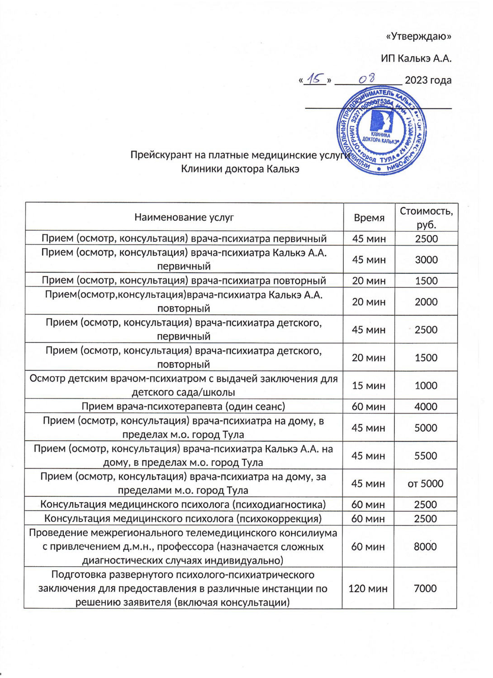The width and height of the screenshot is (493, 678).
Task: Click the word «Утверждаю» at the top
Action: (x=418, y=36)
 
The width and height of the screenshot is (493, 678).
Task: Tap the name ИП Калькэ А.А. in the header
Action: (x=416, y=58)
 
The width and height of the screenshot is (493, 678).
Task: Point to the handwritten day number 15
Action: (x=314, y=79)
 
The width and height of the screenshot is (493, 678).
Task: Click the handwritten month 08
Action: (x=367, y=79)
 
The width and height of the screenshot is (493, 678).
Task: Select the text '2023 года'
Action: (x=428, y=80)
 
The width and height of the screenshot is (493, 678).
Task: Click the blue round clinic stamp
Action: (x=381, y=130)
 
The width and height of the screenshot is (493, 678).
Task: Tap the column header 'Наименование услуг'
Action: (x=184, y=217)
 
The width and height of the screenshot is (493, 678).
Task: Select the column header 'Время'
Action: (x=369, y=218)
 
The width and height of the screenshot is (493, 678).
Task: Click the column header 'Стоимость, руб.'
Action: (x=426, y=217)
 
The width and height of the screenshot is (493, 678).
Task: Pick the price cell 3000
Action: (x=426, y=259)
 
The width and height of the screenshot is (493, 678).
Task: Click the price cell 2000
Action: (x=426, y=301)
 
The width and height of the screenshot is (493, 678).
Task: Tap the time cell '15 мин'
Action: (x=369, y=386)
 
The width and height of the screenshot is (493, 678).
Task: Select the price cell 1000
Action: (x=426, y=386)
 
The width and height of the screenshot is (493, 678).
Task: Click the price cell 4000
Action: (x=426, y=406)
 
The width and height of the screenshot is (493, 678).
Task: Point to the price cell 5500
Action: (x=426, y=456)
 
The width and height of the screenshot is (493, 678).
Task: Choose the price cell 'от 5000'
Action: (x=425, y=484)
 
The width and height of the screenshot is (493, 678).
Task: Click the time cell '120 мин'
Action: (x=368, y=589)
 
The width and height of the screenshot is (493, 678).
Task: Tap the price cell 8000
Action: (x=425, y=546)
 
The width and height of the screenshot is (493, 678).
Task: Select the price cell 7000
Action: (x=425, y=589)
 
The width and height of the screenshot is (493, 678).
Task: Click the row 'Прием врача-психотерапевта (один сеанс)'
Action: (x=183, y=406)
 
